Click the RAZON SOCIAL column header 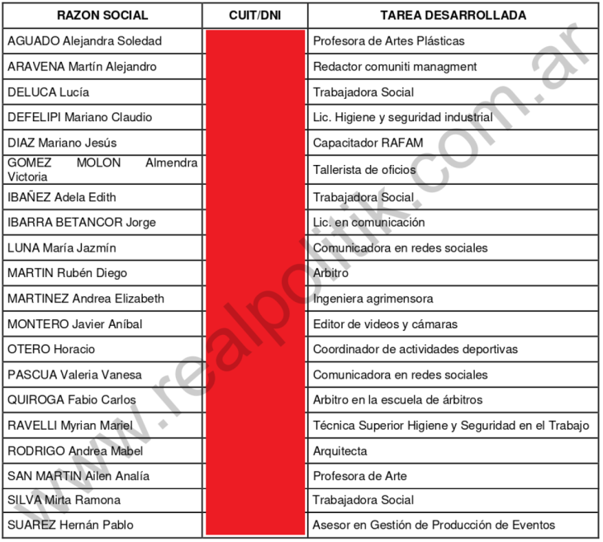102,15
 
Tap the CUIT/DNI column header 254,15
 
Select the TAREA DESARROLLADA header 453,15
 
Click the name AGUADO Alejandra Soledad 84,40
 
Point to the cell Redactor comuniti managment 395,66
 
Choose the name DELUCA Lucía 48,92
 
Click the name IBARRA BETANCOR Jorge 81,222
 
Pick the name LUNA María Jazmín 61,247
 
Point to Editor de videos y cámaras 385,324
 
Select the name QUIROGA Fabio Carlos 69,400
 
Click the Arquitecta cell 339,451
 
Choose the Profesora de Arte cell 359,476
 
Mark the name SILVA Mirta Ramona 64,500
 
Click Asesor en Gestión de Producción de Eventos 434,525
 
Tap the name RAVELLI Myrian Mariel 69,426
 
